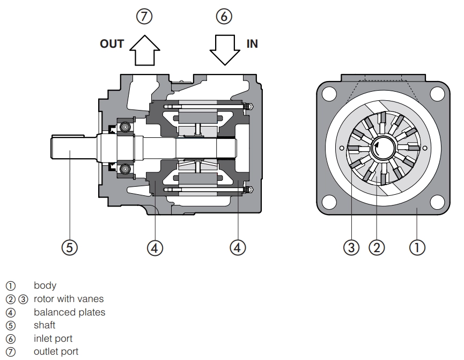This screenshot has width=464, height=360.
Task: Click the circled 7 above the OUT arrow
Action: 143,17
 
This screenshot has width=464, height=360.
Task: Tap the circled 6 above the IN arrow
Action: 224,17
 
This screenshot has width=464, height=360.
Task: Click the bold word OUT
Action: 112,44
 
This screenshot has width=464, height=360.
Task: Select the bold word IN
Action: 252,44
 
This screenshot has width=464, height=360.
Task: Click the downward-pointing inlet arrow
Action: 224,50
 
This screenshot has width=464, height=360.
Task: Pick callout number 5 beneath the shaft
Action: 70,247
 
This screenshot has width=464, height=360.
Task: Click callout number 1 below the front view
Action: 417,247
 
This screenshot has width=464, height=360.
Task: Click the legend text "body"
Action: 45,285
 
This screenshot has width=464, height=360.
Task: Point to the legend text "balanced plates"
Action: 69,312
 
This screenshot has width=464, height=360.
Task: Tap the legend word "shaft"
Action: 45,325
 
